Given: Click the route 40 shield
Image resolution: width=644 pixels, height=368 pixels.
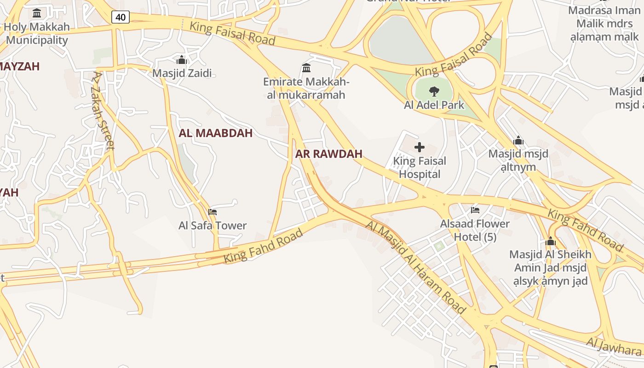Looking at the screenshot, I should pos(120,17).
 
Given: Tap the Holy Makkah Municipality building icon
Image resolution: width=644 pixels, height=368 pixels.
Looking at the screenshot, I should pos(37,13).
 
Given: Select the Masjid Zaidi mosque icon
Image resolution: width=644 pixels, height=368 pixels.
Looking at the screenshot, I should pos(182,60).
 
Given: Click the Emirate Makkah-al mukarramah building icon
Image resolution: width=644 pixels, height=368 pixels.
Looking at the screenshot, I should pos(306,68).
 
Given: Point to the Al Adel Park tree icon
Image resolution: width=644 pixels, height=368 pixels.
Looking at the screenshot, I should pos(434,91).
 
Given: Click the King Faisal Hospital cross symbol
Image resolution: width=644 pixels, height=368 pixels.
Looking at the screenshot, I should pos(419,147).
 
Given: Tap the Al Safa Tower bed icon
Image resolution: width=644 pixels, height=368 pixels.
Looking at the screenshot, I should pos(213,212).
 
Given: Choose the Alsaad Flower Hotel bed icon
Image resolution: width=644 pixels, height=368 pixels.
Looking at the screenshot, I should pos(475,210).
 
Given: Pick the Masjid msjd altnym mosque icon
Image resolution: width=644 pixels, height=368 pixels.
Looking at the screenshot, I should pos(518,140).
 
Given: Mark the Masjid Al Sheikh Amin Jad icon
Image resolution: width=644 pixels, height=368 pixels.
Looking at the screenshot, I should pos(551,241).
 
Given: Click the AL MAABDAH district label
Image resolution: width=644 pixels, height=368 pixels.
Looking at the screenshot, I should pos(216,133).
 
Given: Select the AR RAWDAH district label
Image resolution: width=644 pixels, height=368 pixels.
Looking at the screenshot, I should pos(329,154).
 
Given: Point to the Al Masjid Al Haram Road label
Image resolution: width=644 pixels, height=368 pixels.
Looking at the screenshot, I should pos(416,267).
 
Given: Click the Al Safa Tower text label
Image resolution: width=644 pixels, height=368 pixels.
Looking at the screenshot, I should pos(213,225).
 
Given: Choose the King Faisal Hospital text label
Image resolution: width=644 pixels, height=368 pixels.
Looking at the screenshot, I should pos(420,167).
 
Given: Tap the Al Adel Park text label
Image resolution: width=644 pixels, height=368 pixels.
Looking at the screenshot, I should pos(434,105).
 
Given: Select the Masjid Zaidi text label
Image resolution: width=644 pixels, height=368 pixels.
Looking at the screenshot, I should pos(182,73).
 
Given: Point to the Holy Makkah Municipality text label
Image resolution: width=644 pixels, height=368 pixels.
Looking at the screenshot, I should pos(37,33).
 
